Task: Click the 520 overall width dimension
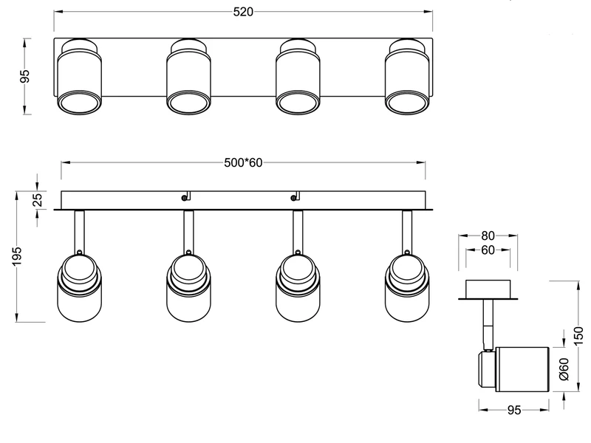coord(243,12)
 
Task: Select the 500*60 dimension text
coord(243,163)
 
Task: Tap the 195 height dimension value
coord(24,255)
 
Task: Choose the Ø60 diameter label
coord(563,369)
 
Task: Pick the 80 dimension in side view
coord(487,236)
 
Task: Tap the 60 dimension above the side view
coord(487,250)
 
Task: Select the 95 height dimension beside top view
coord(25,77)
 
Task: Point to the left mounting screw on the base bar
coord(183,197)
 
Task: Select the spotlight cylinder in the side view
coord(517,368)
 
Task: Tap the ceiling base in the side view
coord(487,289)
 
